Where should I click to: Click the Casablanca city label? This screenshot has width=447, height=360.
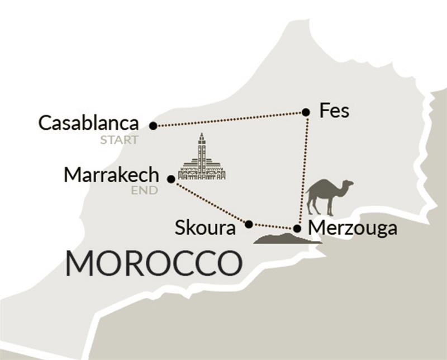(88, 122)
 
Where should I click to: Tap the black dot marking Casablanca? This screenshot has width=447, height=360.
(154, 126)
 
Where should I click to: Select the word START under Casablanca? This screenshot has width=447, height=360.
(118, 140)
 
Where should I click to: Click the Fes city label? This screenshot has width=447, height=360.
(334, 110)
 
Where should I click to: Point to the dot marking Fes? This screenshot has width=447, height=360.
(306, 112)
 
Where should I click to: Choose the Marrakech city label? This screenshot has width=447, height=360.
(111, 175)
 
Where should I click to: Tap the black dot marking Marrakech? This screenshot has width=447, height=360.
(171, 179)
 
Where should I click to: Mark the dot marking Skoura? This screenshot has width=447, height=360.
(249, 224)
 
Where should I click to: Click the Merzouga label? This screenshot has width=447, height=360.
(353, 228)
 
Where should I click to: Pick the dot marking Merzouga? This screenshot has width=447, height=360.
(297, 228)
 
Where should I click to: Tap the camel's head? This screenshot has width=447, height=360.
(348, 184)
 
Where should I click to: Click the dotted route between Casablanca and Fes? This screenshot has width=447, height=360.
(229, 119)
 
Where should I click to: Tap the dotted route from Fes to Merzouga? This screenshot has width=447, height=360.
(302, 168)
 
